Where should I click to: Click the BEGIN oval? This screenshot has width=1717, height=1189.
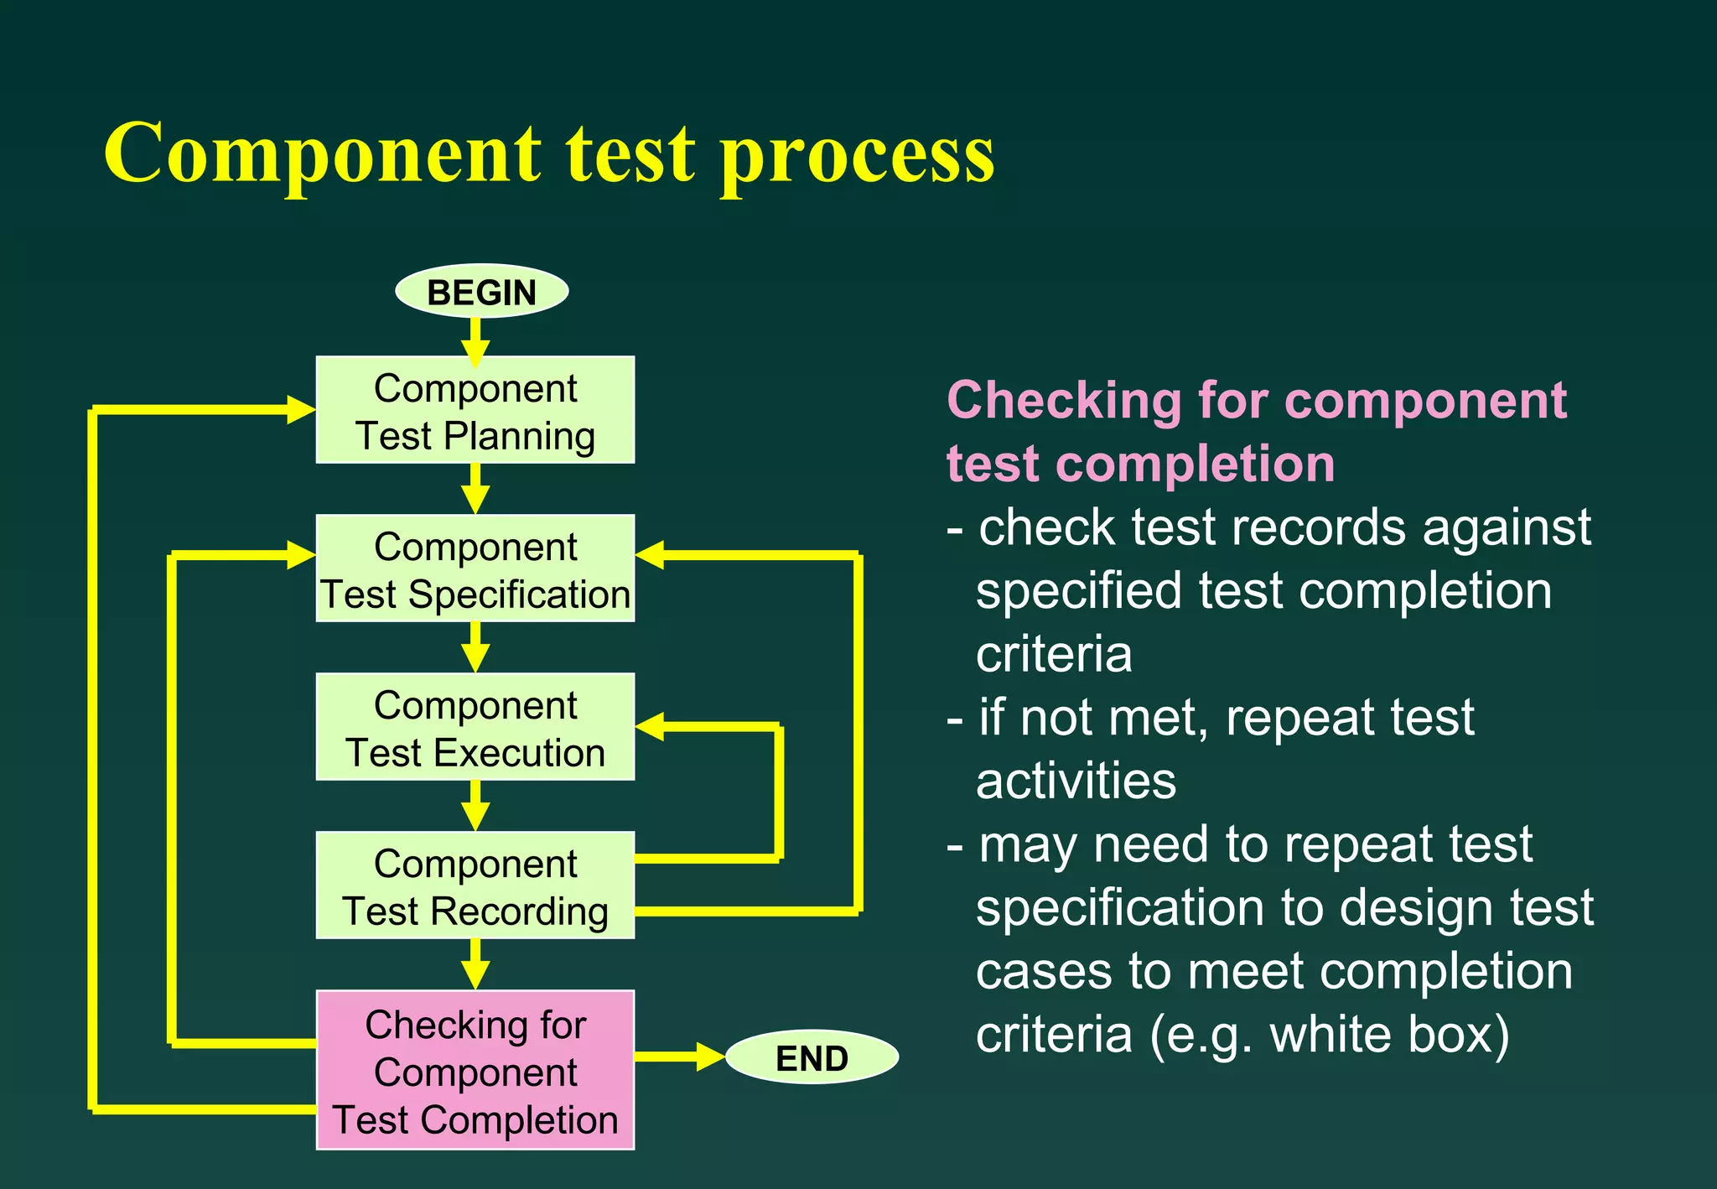tap(481, 292)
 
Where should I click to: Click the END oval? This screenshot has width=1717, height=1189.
tap(812, 1057)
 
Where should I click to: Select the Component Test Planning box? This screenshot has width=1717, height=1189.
tap(475, 410)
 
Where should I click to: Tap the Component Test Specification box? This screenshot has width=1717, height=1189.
tap(475, 569)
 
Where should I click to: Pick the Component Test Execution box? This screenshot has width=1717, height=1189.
tap(475, 727)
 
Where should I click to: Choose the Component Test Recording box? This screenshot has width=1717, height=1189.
tap(475, 885)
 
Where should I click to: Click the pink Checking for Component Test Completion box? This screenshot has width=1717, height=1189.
tap(475, 1071)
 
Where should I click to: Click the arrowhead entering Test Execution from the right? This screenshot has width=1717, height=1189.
tap(651, 727)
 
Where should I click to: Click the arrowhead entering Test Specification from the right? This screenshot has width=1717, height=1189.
tap(651, 555)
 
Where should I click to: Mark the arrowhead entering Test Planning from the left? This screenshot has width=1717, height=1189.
tap(300, 410)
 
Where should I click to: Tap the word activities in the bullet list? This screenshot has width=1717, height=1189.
tap(1076, 781)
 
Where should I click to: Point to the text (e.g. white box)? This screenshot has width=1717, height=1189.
tap(1330, 1035)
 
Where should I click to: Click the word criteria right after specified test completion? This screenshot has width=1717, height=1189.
tap(1054, 654)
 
